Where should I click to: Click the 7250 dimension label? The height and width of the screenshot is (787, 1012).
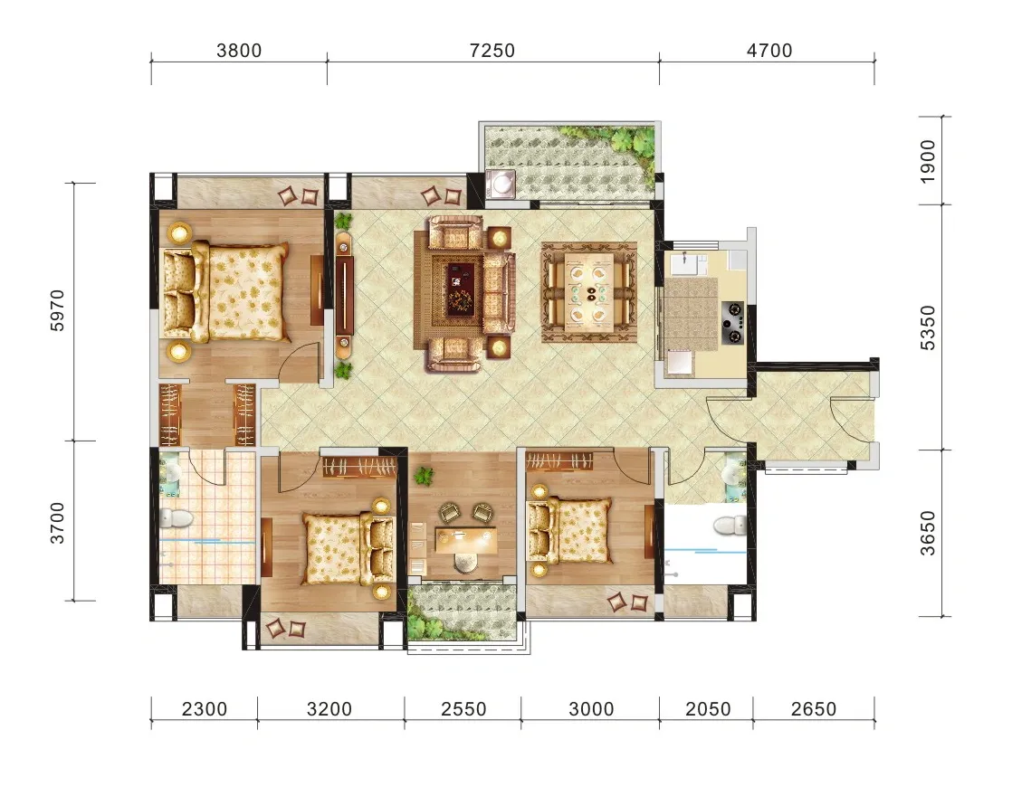tap(492, 51)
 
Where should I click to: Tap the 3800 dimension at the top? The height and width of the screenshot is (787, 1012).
tap(239, 51)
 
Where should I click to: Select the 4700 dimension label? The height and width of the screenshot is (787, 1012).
tap(769, 51)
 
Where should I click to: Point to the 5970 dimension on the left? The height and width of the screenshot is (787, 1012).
tap(57, 310)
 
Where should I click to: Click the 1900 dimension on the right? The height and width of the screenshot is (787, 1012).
tap(928, 161)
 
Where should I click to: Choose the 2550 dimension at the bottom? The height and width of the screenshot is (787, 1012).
tap(463, 709)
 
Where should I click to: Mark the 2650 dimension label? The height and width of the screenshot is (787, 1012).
tap(813, 709)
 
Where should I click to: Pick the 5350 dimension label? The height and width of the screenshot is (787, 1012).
tap(928, 327)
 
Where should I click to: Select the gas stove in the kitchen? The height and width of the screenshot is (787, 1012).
tap(732, 323)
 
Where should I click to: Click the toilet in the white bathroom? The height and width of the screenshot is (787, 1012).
tap(729, 526)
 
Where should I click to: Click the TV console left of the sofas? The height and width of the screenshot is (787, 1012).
tap(345, 296)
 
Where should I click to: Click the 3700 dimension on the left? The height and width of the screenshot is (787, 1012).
tap(57, 523)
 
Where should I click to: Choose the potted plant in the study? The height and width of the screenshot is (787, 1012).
tap(424, 477)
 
